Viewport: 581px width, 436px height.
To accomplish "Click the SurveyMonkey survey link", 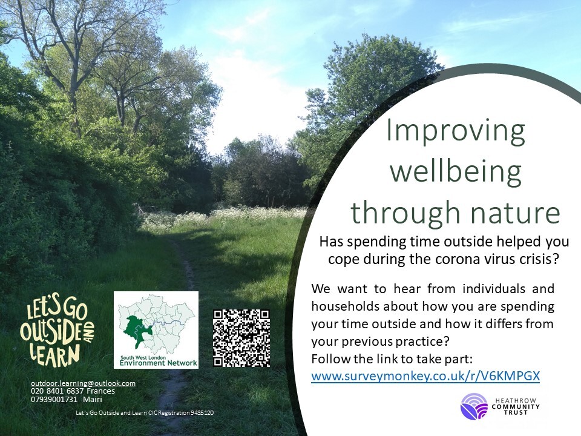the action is (x=425, y=376).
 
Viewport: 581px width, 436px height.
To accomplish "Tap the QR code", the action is (x=241, y=338).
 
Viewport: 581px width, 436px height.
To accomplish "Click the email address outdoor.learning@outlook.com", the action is (x=83, y=383).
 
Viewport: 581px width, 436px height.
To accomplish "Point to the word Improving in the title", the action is (x=455, y=131).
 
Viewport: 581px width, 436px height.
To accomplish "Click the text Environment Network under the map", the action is (x=158, y=363).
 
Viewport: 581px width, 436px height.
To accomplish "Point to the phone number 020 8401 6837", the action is (x=57, y=391).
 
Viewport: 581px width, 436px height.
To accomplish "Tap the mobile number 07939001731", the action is (x=54, y=399).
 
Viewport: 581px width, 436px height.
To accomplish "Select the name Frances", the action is (x=100, y=391).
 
